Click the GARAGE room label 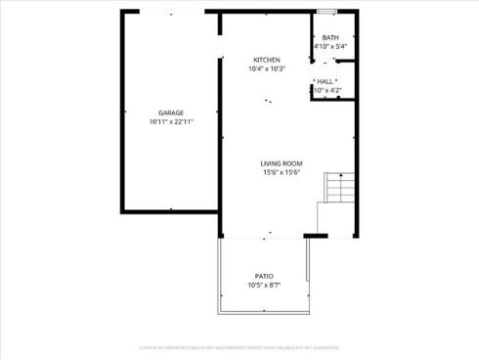click(171, 112)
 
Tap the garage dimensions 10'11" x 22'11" click(171, 122)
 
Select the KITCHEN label click(266, 60)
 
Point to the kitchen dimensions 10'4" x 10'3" click(266, 69)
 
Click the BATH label click(330, 37)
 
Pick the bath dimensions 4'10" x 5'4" click(330, 47)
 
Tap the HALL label click(327, 81)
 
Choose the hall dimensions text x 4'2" click(327, 91)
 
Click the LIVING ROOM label click(282, 162)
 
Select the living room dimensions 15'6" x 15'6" click(282, 172)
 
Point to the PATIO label click(265, 276)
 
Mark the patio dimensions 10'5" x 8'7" click(265, 286)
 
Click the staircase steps click(338, 189)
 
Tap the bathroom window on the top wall click(327, 12)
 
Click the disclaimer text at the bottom click(239, 345)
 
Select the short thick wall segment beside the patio click(315, 236)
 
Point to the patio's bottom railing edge click(263, 312)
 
